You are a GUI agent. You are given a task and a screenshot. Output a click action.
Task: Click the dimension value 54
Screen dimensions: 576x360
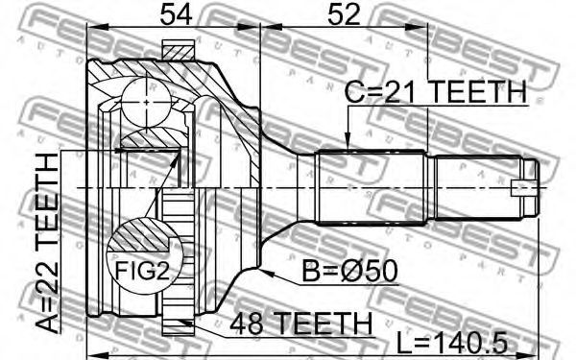point(177,14)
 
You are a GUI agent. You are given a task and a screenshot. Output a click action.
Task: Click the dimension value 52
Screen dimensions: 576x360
point(344,14)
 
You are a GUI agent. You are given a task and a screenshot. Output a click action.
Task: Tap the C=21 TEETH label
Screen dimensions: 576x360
point(436,92)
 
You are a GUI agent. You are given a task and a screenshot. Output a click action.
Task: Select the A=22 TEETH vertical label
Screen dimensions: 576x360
point(48,243)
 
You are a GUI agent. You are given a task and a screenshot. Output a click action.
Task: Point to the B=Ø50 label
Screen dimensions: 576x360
point(349,271)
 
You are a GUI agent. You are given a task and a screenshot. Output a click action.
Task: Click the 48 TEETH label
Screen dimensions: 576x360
point(300,324)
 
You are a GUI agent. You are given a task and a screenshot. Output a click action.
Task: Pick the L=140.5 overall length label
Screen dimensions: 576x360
point(452,344)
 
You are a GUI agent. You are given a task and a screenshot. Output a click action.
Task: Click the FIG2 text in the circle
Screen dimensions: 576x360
point(142,271)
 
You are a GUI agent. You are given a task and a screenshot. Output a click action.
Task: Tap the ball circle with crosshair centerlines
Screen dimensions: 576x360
point(146,103)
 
